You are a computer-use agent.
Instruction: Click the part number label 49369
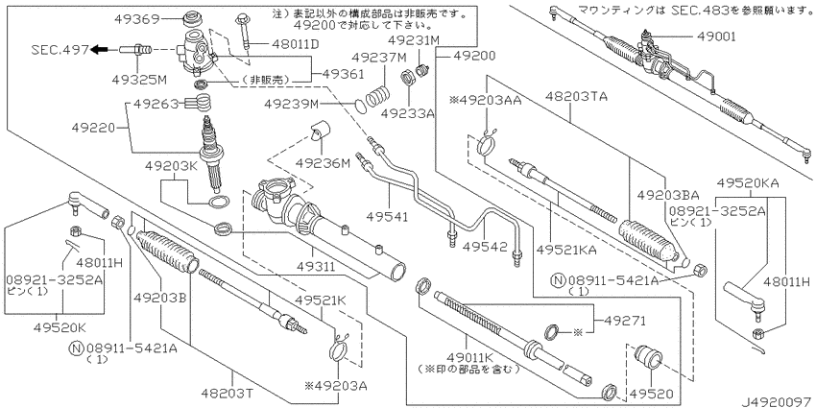coord(135,19)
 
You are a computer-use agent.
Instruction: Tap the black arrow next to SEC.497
coord(99,49)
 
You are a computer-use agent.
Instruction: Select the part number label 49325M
coord(139,79)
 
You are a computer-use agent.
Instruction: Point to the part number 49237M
coord(379,58)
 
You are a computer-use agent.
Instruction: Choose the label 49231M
coord(415,40)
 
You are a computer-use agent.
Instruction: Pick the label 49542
coord(487,247)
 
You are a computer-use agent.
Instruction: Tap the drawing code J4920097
coord(778,401)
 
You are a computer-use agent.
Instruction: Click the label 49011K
coord(467,358)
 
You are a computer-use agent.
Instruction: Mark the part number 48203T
coord(230,393)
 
